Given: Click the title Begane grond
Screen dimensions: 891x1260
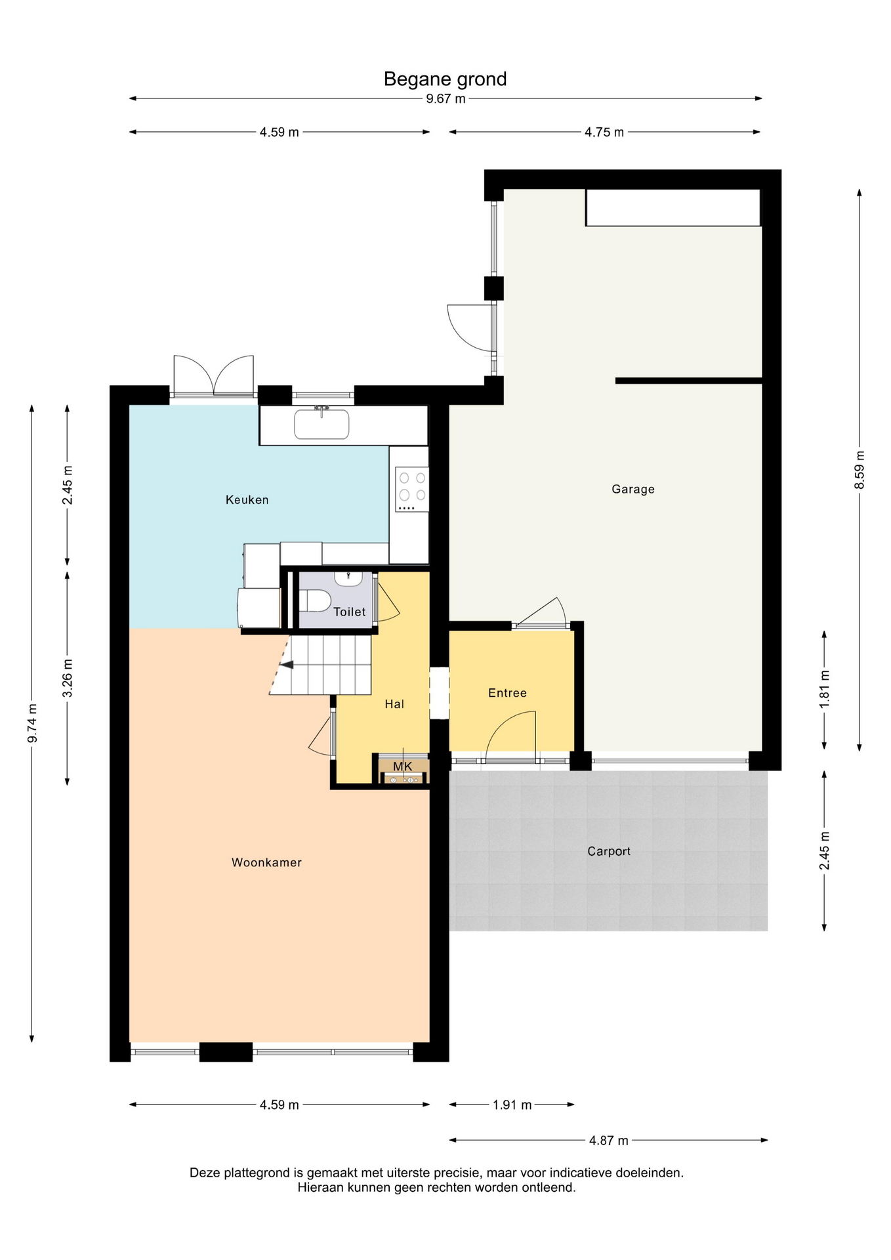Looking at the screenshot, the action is click(445, 79).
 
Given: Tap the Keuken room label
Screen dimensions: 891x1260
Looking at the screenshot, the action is click(247, 500).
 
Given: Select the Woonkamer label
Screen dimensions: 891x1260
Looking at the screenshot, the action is click(266, 862).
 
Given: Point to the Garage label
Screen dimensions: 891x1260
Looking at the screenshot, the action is click(632, 490).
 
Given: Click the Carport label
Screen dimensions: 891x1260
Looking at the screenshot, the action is click(609, 851).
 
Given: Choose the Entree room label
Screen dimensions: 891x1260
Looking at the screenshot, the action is click(507, 693).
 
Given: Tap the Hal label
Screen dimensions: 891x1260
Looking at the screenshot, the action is click(394, 704).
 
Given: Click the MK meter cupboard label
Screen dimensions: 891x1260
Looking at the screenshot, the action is click(403, 766).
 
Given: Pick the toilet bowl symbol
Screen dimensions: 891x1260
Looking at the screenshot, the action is click(316, 600).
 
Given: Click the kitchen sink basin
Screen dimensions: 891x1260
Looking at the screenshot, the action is click(321, 424).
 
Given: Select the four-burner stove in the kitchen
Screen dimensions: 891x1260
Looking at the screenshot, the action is click(412, 489).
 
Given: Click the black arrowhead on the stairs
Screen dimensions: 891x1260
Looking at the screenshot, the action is click(287, 665).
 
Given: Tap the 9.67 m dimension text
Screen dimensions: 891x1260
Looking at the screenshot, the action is click(445, 99).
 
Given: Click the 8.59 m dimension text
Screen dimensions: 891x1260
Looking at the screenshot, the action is click(860, 470).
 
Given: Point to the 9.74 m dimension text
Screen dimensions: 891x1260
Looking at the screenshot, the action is click(32, 723).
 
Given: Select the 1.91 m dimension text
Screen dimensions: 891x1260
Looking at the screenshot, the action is click(512, 1105).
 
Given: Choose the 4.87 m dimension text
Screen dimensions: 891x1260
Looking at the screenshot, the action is click(608, 1141).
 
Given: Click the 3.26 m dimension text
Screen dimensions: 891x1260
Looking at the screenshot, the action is click(68, 679).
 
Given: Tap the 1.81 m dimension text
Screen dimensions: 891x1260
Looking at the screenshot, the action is click(825, 689).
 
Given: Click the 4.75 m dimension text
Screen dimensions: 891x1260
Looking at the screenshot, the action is click(604, 133).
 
